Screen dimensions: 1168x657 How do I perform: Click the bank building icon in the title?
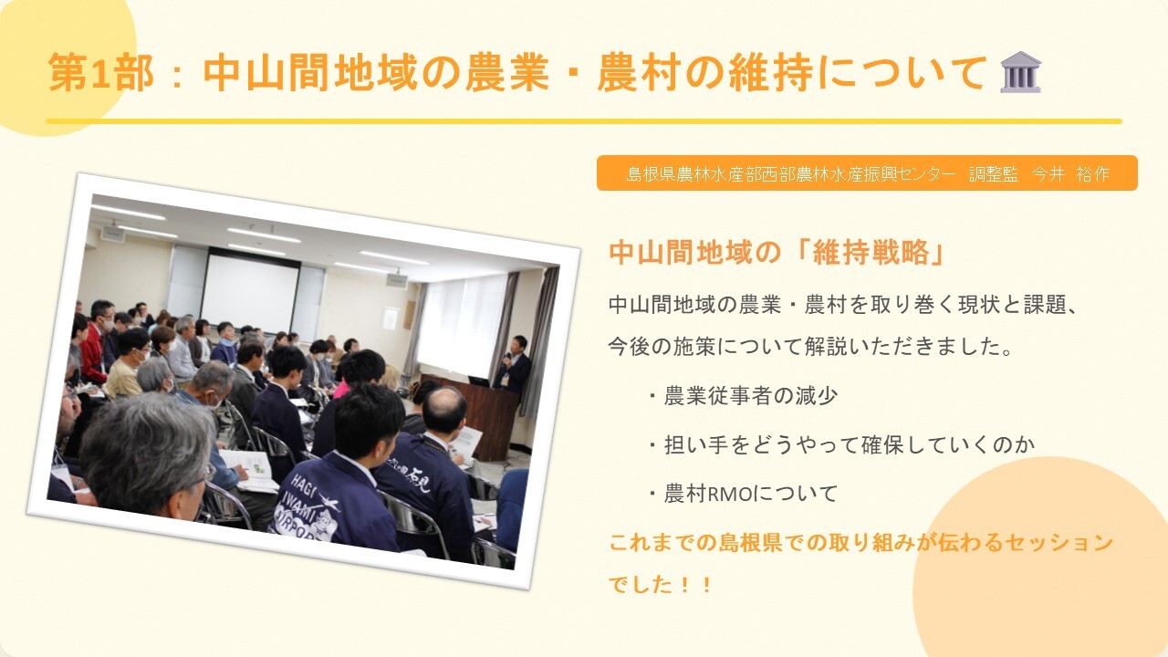(1021, 72)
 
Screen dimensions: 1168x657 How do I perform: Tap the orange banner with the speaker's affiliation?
(867, 173)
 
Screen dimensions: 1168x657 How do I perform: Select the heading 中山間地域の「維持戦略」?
(777, 253)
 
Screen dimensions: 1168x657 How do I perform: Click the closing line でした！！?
(661, 585)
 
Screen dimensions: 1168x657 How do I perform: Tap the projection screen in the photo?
(251, 293)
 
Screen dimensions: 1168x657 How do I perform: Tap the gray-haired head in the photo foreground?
(147, 451)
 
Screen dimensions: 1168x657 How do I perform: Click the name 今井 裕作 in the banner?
(1071, 173)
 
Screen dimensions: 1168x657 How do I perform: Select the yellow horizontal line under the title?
(584, 121)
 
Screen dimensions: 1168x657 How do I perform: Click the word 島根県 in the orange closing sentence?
(749, 542)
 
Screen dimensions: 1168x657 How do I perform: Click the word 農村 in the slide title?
(639, 72)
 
